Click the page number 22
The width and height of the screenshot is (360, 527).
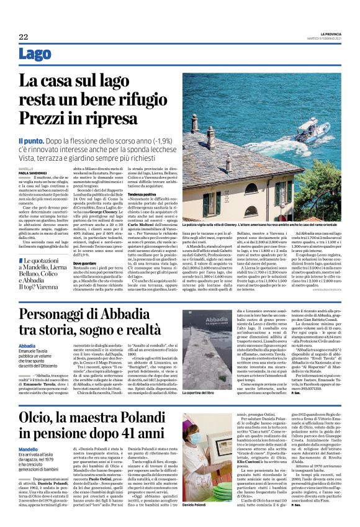pyautogui.click(x=23, y=37)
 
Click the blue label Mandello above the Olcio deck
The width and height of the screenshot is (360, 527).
pyautogui.click(x=28, y=449)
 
